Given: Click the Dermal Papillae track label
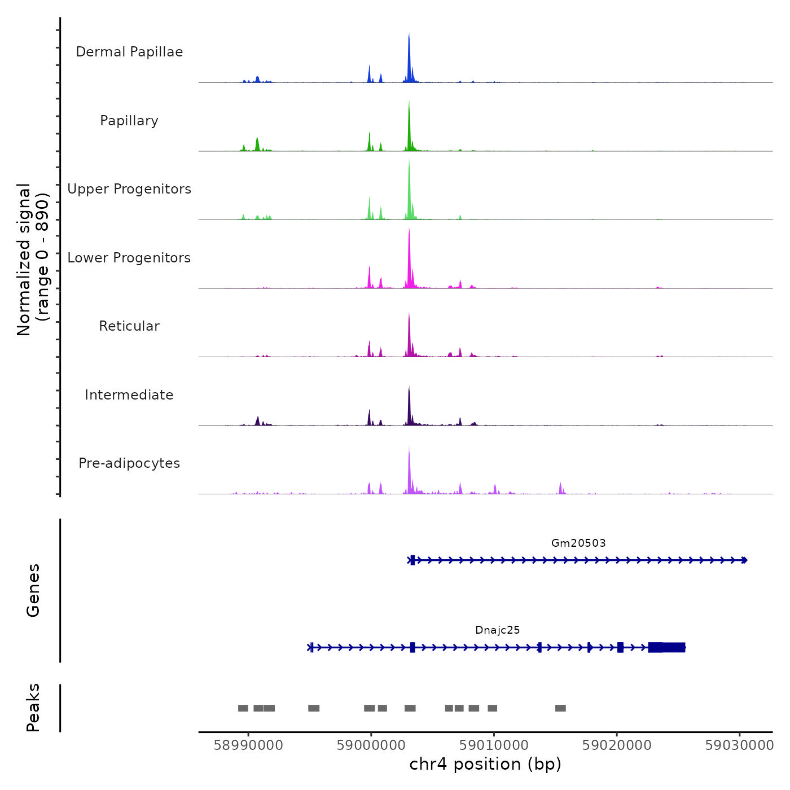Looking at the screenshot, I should (x=129, y=52).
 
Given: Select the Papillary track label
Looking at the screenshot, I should (x=129, y=121).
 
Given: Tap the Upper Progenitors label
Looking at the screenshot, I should (x=129, y=189).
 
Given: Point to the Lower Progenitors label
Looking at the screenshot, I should (x=129, y=258).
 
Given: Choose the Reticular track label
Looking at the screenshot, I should (x=129, y=326).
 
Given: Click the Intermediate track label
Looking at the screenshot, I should (x=129, y=395).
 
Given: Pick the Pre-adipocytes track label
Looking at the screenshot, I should (x=129, y=463).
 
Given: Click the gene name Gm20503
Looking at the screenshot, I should (x=578, y=543).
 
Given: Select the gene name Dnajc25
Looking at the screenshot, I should (x=497, y=630).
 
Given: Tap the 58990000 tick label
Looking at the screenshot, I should (x=248, y=745).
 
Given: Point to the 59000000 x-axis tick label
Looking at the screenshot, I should (x=371, y=745).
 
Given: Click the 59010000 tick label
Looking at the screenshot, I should (x=494, y=745).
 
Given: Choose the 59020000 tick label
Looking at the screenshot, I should (x=617, y=745).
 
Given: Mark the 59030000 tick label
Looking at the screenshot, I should (x=739, y=745).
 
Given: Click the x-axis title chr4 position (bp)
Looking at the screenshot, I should (x=485, y=764).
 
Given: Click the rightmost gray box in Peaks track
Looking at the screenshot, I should (x=560, y=708).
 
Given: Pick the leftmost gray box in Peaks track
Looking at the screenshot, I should (x=243, y=708).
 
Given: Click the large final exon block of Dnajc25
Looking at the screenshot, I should (x=667, y=647).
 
